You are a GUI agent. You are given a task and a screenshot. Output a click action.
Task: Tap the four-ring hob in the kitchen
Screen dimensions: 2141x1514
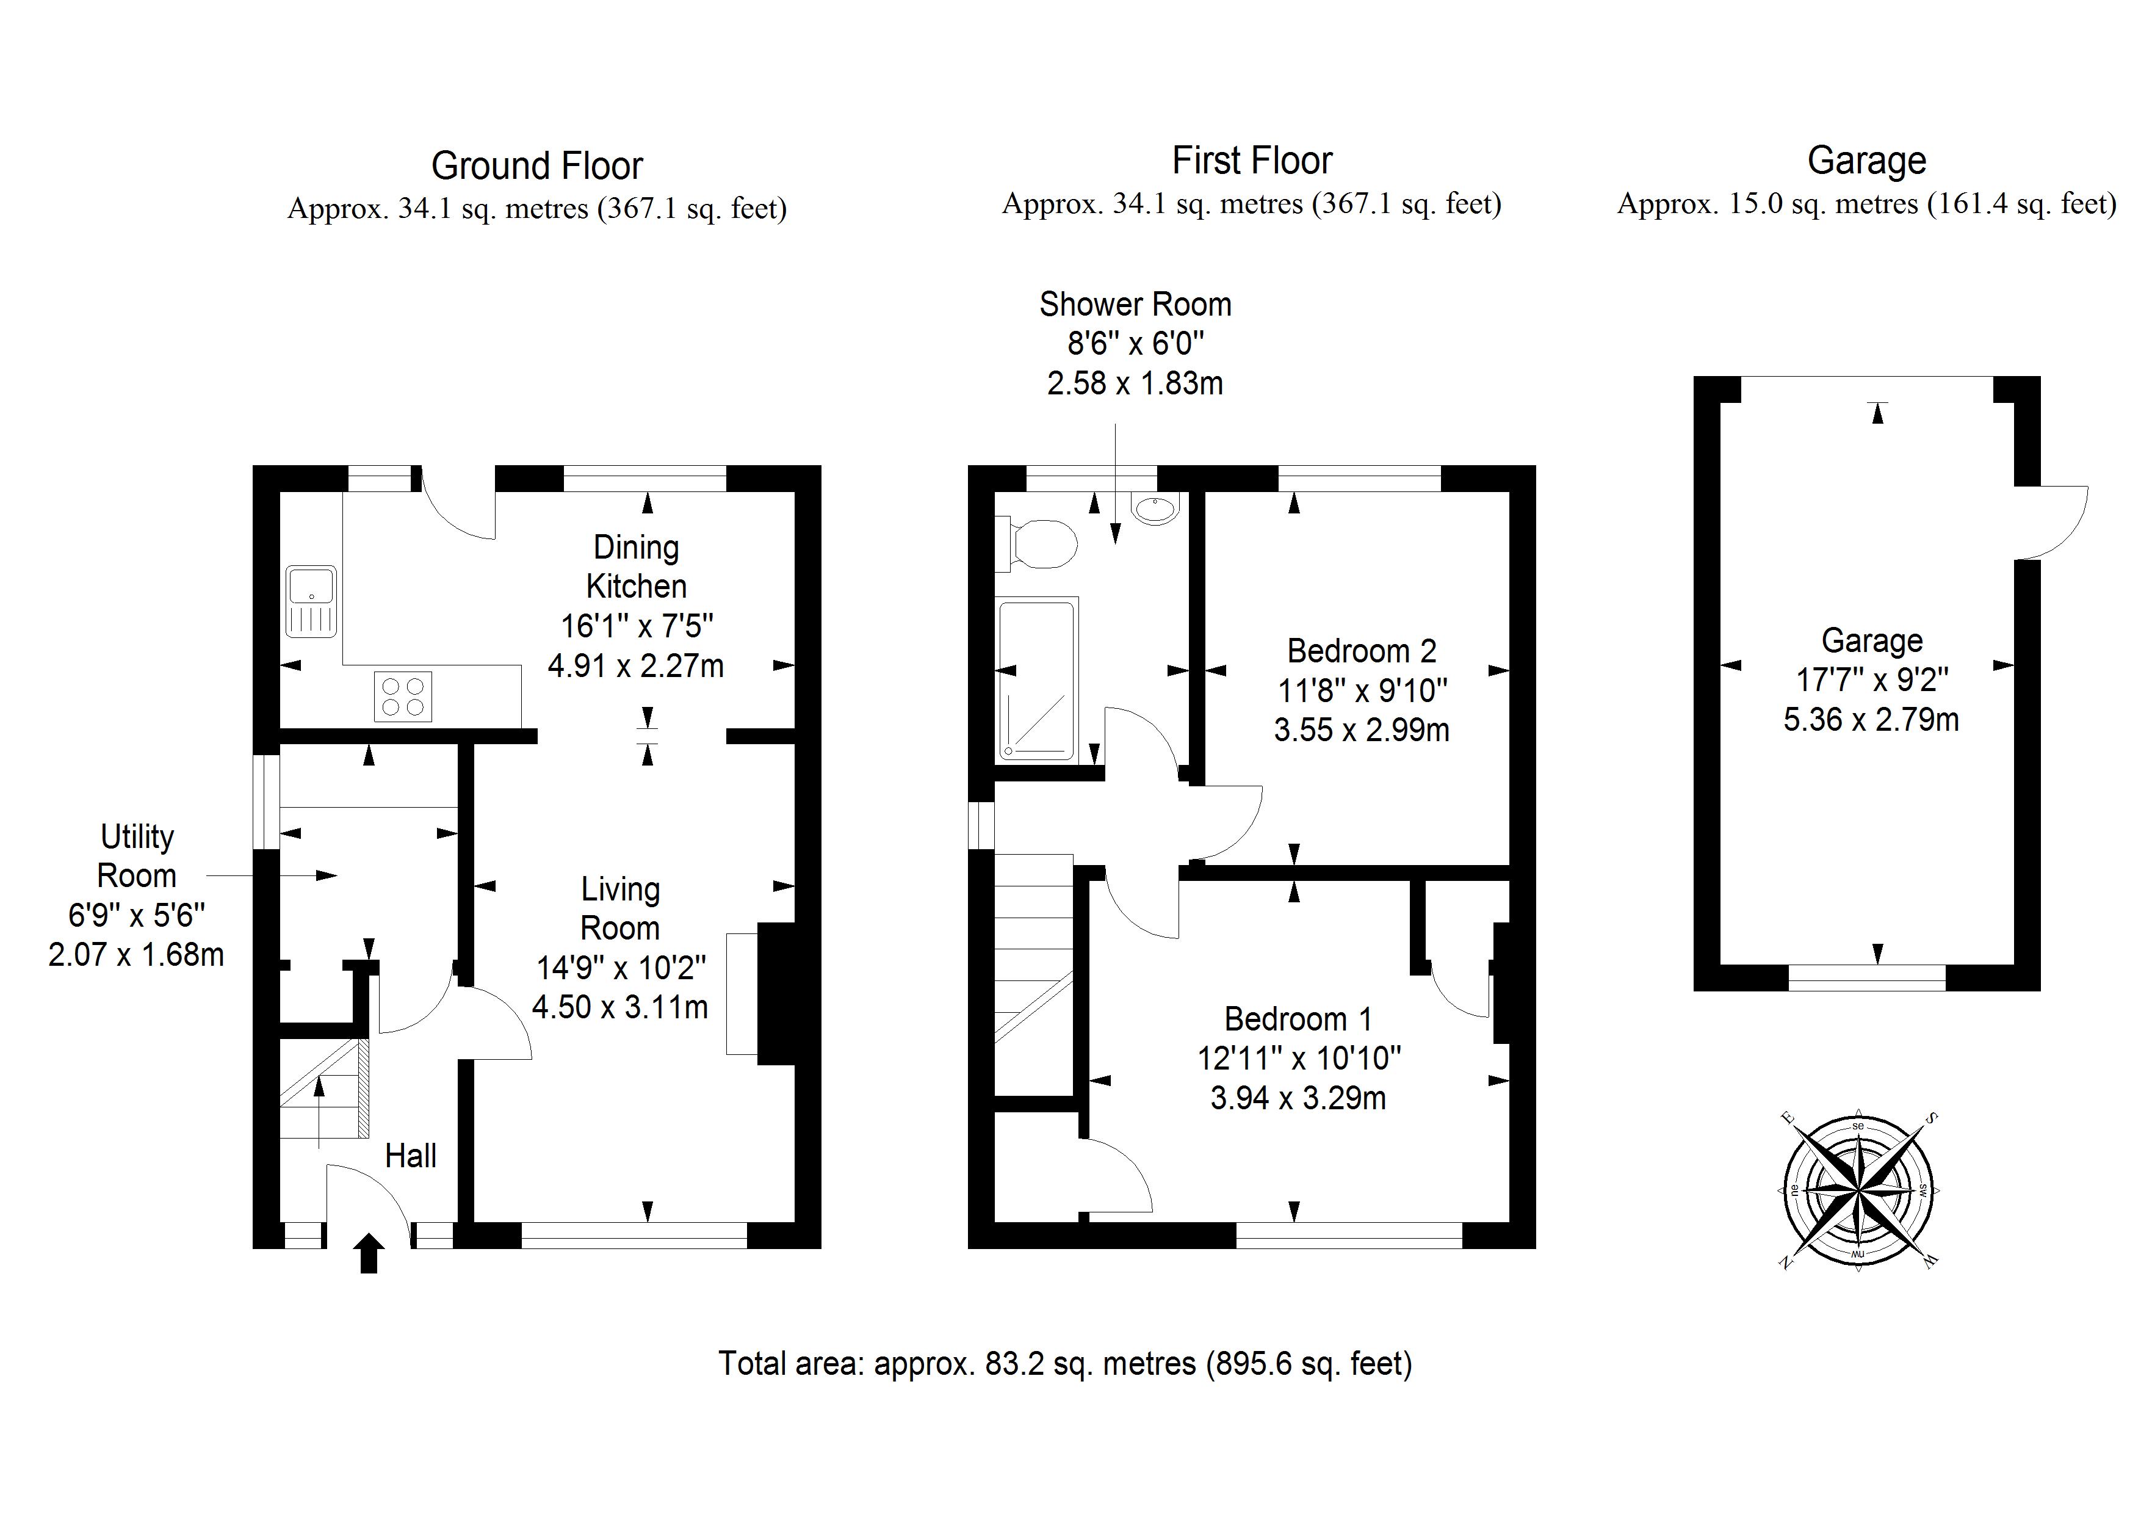point(403,697)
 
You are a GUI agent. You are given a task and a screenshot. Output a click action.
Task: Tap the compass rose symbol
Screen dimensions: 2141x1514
point(1858,1191)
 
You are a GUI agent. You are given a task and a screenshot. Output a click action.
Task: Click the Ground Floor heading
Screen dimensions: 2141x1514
point(536,166)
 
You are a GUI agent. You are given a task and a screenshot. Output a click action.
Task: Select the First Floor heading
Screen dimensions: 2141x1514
point(1251,161)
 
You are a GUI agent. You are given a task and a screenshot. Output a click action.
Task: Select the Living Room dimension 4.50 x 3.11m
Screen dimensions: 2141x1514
point(619,1007)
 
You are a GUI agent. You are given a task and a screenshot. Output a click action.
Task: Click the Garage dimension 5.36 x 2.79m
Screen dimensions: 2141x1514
point(1871,719)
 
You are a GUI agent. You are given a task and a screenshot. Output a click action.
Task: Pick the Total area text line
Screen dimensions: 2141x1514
point(1065,1364)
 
